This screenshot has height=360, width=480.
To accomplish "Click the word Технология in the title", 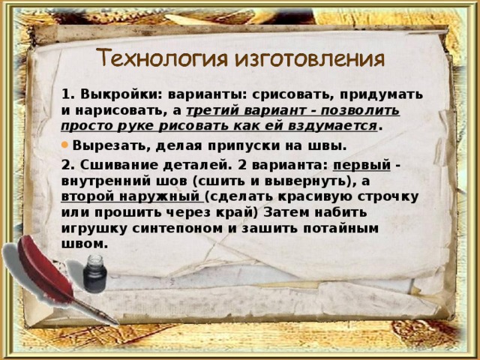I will [152, 59].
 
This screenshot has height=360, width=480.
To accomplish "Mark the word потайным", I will [345, 228].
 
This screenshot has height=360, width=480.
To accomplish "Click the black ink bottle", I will [94, 274].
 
